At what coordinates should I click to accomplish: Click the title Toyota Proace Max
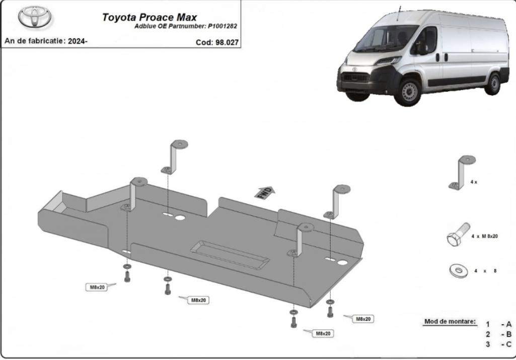[x=150, y=17]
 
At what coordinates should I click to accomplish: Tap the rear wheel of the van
[x=493, y=83]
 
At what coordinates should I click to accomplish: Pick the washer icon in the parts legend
[x=458, y=270]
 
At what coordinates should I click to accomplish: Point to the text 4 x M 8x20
[x=484, y=236]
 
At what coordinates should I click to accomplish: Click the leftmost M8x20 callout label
[x=97, y=287]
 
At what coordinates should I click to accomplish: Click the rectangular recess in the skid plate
[x=230, y=253]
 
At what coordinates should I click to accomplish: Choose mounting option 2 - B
[x=498, y=334]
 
